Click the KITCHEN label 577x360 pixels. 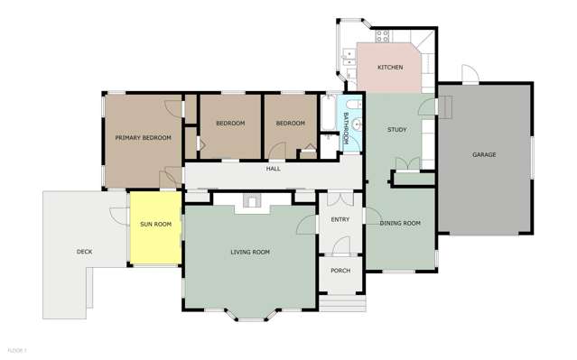[390, 68]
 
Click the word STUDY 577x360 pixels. [396, 130]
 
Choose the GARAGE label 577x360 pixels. [484, 154]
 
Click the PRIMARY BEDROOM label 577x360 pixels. [143, 137]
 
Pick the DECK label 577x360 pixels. [84, 252]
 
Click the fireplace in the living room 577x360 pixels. [251, 203]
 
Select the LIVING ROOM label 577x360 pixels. [250, 252]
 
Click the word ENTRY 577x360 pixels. [340, 219]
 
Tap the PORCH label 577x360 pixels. [340, 271]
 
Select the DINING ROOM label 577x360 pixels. [400, 223]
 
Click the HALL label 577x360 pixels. [273, 169]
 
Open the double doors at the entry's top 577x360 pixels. [340, 198]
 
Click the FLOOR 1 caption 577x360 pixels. [17, 349]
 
